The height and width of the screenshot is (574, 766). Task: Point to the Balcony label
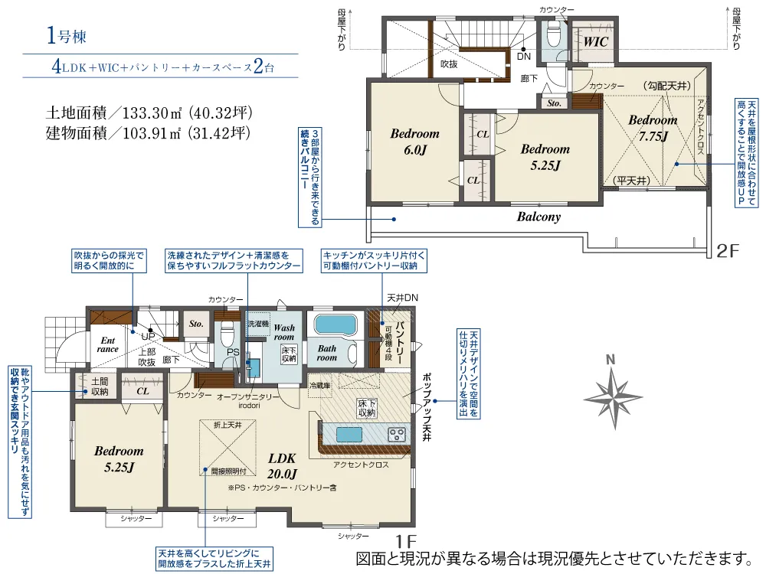538,217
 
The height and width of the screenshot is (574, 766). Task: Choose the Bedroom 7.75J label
653,128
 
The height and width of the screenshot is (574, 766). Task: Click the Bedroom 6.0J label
414,142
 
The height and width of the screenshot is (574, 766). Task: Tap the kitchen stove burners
398,434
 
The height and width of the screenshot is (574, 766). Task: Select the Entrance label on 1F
107,344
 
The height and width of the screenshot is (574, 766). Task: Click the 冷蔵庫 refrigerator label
319,386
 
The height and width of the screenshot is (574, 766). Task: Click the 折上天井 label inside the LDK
227,424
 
